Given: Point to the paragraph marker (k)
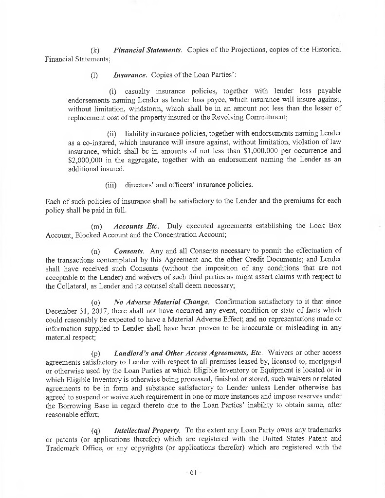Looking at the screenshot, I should pyautogui.click(x=95, y=50).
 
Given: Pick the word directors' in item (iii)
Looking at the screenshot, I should pyautogui.click(x=141, y=185).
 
